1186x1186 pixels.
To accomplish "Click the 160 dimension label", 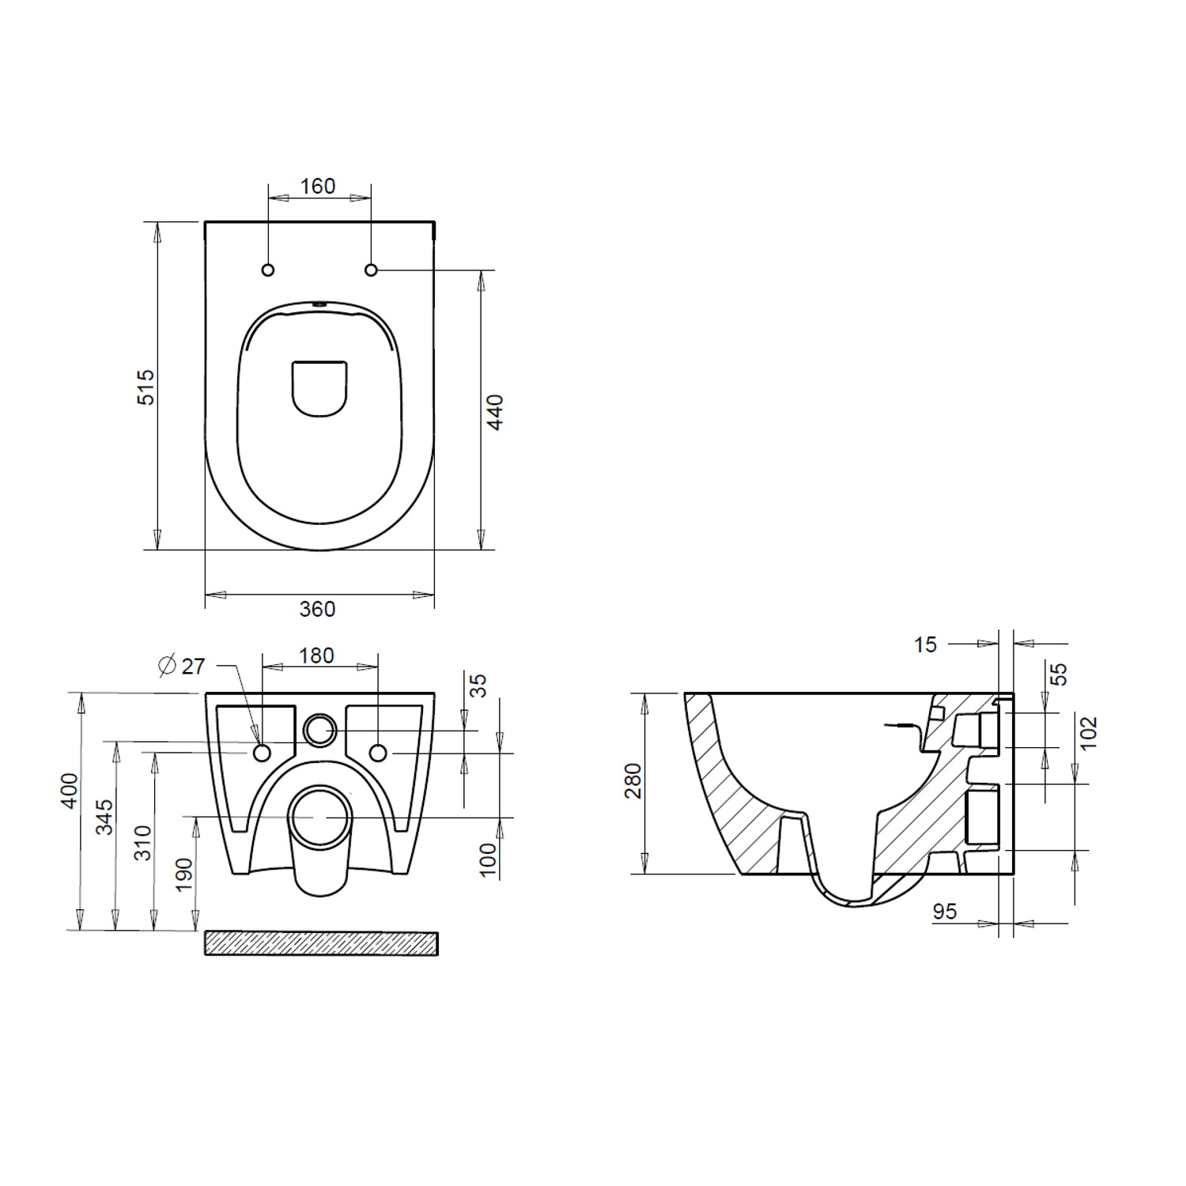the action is [318, 187].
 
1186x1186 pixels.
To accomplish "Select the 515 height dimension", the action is [147, 387].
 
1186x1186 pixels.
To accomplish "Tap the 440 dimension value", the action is [494, 412].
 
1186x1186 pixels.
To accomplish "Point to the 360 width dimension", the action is [318, 609].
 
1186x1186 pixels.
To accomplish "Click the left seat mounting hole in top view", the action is [268, 270].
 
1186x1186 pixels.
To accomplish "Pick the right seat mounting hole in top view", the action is [371, 270].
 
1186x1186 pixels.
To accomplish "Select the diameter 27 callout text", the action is [182, 666].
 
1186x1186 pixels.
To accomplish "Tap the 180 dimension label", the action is [316, 655].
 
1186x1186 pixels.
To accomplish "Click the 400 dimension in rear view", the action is [70, 791].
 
